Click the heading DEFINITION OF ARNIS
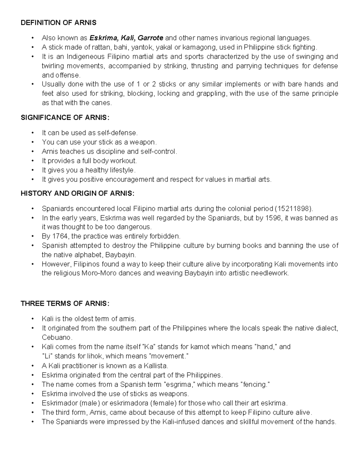click(58, 23)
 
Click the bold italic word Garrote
click(150, 38)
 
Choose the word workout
click(124, 161)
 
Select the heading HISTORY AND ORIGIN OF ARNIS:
click(77, 194)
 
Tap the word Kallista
click(156, 366)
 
